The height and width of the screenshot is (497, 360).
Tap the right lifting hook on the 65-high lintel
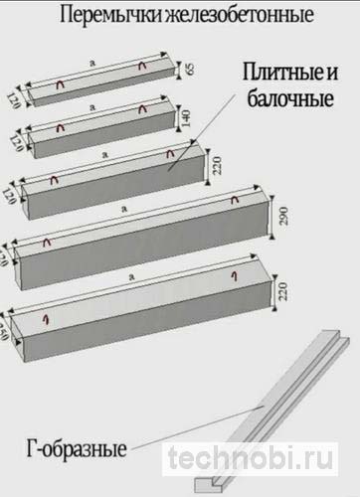tap(144, 68)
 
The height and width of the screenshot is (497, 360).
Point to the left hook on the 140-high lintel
tap(61, 128)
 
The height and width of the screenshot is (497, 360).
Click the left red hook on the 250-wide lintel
tap(46, 318)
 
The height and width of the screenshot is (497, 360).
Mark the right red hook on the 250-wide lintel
tap(236, 274)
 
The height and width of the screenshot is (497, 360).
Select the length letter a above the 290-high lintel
tap(124, 209)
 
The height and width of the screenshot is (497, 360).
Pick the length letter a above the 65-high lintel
tap(91, 63)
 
